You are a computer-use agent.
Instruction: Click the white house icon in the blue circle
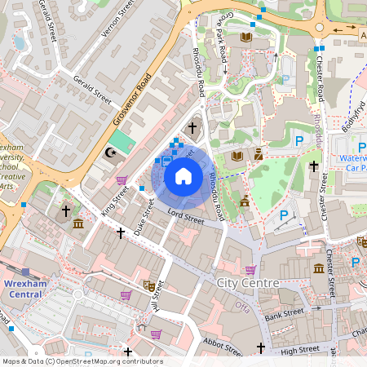(183, 175)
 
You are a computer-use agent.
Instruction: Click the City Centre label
(249, 283)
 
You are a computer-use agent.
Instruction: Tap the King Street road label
(115, 200)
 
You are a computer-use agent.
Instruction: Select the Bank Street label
(284, 312)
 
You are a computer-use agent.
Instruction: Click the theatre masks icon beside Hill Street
(149, 285)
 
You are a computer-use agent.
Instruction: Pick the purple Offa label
(242, 306)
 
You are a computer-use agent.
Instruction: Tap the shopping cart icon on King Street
(122, 180)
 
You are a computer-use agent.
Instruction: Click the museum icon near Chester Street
(319, 268)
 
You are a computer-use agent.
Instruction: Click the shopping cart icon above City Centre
(250, 270)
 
